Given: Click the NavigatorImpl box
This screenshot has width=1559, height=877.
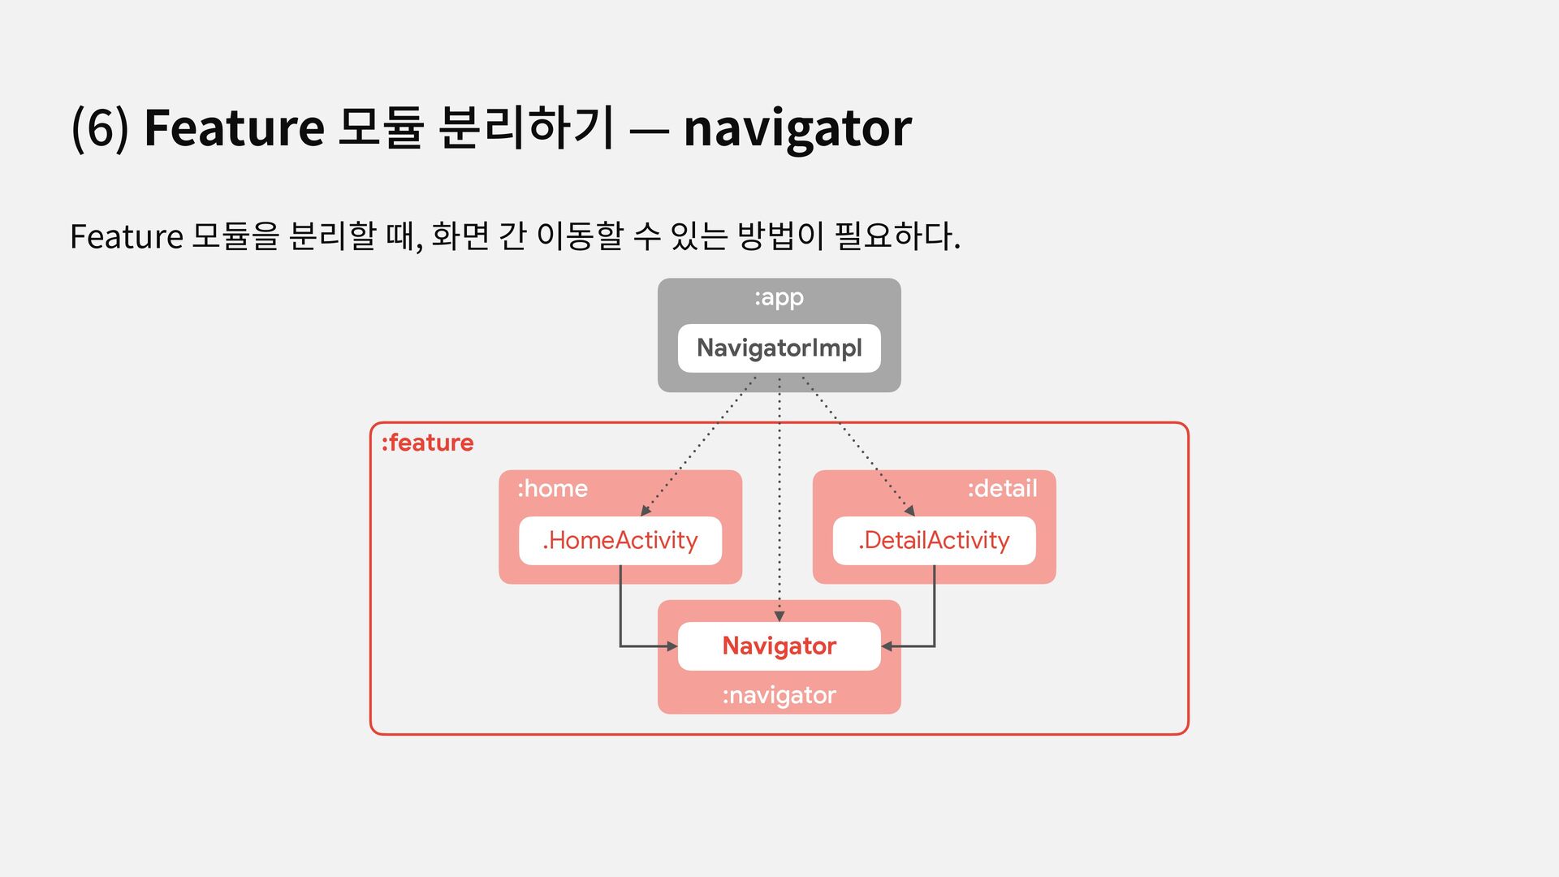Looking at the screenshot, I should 779,348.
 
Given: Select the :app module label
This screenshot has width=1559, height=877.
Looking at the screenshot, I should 779,298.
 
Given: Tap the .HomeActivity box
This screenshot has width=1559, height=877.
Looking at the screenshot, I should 620,541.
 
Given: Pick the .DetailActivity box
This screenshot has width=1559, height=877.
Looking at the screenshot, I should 934,541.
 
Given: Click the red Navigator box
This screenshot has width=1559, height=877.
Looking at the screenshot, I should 779,646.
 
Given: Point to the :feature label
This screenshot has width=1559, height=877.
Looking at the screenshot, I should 428,443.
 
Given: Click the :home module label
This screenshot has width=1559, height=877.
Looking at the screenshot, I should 552,489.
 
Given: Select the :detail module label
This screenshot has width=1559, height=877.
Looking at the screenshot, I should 1002,489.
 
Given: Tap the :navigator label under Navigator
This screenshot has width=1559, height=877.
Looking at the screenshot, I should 779,696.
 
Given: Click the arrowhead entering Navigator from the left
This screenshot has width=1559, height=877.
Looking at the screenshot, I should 672,646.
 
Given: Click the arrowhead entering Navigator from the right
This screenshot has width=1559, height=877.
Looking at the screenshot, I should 887,646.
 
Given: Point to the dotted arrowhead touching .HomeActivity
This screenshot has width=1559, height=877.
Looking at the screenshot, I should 646,510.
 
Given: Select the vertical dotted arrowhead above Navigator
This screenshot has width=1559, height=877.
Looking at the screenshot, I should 779,616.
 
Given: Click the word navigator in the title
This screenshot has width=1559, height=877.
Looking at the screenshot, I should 797,128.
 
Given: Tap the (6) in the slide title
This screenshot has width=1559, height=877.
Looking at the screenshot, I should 100,128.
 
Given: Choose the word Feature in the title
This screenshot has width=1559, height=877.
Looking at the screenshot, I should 234,128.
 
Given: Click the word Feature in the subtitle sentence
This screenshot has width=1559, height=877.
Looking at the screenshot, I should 127,237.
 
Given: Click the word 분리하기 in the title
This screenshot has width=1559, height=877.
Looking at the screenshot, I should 525,128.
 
